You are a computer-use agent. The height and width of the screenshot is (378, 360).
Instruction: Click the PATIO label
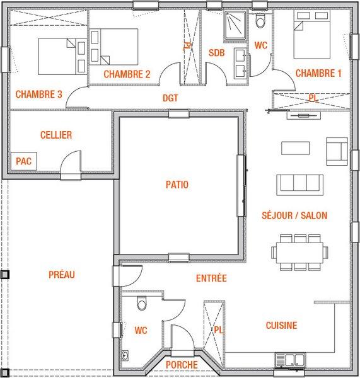click(177, 185)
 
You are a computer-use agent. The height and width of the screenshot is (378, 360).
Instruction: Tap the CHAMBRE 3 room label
click(39, 94)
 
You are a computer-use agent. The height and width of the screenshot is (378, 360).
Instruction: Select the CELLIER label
click(56, 135)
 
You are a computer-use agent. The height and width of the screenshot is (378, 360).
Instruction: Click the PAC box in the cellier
click(24, 161)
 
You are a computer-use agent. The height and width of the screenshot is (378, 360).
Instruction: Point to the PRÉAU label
click(62, 275)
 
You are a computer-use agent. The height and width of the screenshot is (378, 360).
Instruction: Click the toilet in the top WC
click(260, 20)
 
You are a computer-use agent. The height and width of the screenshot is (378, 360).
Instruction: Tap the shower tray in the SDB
click(235, 26)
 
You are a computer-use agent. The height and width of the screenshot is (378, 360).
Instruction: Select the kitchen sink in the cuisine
click(290, 360)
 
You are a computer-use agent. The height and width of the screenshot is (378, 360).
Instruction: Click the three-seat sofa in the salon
click(300, 185)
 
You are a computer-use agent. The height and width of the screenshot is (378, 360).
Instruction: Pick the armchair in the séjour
click(337, 151)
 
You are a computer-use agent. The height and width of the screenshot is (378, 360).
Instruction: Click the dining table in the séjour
click(299, 253)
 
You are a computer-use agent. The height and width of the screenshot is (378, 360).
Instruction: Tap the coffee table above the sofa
click(296, 148)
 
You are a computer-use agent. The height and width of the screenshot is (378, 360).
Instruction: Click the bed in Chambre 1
click(311, 35)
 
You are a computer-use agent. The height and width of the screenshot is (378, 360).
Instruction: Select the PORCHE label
click(182, 365)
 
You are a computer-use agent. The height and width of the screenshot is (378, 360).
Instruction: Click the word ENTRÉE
click(211, 278)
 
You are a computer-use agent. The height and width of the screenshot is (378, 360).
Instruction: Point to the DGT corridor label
click(170, 98)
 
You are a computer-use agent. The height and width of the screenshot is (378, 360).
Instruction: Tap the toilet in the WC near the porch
click(142, 303)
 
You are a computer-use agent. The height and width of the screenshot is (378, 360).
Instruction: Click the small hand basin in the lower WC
click(125, 355)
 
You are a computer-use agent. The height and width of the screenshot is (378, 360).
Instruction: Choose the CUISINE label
click(282, 326)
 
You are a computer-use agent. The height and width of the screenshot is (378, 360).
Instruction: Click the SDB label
click(217, 53)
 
